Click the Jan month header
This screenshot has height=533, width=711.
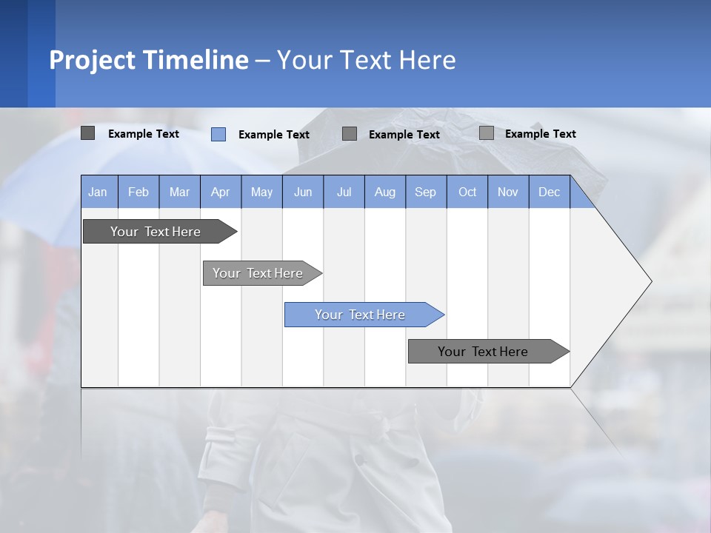98,192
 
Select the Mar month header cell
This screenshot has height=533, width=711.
179,192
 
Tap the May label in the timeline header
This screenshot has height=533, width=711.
261,192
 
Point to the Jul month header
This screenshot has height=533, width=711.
344,192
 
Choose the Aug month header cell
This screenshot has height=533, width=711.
384,192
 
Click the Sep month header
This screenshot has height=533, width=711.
425,192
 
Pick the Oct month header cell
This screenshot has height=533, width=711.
467,192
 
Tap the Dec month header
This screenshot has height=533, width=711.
549,192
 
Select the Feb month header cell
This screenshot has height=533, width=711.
138,192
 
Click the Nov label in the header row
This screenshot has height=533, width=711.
508,192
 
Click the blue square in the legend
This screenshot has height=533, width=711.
218,134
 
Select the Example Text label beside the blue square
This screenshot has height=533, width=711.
274,135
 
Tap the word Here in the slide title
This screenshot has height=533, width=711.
427,60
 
